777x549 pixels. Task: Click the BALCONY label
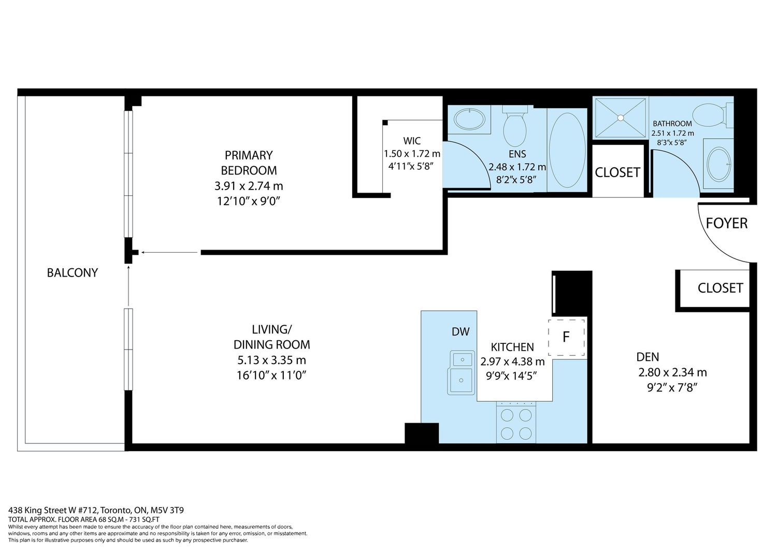pyautogui.click(x=72, y=273)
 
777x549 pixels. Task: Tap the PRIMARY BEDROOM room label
pyautogui.click(x=249, y=163)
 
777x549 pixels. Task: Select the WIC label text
pyautogui.click(x=412, y=141)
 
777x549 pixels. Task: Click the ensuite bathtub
pyautogui.click(x=567, y=150)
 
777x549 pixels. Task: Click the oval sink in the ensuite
pyautogui.click(x=469, y=120)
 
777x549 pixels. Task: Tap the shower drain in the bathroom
pyautogui.click(x=621, y=118)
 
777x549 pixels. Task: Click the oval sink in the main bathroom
pyautogui.click(x=719, y=164)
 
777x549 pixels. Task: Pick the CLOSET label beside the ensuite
pyautogui.click(x=617, y=172)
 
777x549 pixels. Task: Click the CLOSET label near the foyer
pyautogui.click(x=720, y=288)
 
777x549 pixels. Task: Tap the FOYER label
pyautogui.click(x=727, y=223)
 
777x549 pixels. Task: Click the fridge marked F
pyautogui.click(x=566, y=337)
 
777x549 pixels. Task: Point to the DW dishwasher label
pyautogui.click(x=461, y=331)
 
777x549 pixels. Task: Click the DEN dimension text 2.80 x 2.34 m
pyautogui.click(x=672, y=372)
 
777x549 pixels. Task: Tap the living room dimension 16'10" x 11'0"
pyautogui.click(x=271, y=375)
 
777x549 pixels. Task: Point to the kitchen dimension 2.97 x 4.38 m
pyautogui.click(x=512, y=362)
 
